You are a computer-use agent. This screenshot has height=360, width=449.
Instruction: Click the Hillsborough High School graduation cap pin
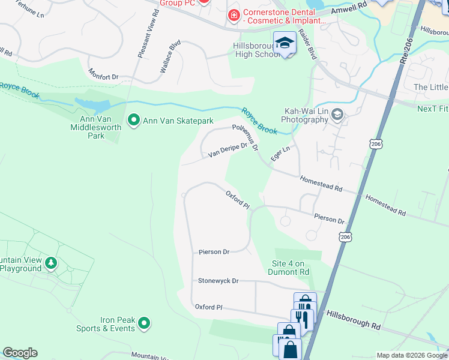[x=285, y=43]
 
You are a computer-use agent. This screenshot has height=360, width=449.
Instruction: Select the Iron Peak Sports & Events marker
[x=143, y=324]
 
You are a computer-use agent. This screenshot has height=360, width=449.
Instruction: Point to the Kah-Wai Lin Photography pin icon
[x=337, y=115]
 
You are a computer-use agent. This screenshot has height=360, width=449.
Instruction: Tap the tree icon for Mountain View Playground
[x=52, y=263]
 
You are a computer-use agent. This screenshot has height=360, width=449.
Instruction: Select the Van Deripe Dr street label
[x=228, y=151]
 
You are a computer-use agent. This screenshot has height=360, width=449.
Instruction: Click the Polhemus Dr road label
[x=246, y=137]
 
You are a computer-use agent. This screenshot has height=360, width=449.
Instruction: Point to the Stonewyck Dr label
[x=218, y=281]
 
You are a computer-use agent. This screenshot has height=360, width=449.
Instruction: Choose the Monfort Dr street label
[x=104, y=77]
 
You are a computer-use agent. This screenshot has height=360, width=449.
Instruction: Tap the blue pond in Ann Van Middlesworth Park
[x=87, y=106]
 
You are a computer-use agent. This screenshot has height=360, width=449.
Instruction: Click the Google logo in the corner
[x=20, y=353]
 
